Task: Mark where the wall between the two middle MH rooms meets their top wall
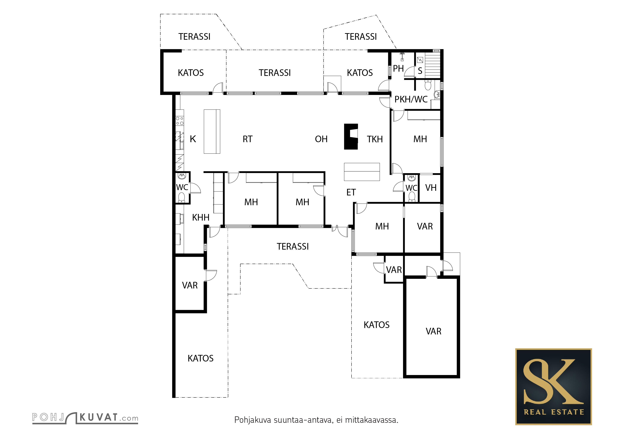[x=277, y=172]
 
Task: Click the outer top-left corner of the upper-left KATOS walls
[x=161, y=50]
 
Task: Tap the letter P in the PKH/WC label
[x=397, y=100]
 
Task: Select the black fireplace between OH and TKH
[x=351, y=137]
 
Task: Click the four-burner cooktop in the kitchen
[x=179, y=121]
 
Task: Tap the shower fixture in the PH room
[x=402, y=57]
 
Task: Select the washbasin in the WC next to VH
[x=412, y=178]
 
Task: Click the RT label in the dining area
[x=247, y=139]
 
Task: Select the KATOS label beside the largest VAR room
[x=376, y=325]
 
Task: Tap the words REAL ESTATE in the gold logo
[x=554, y=412]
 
